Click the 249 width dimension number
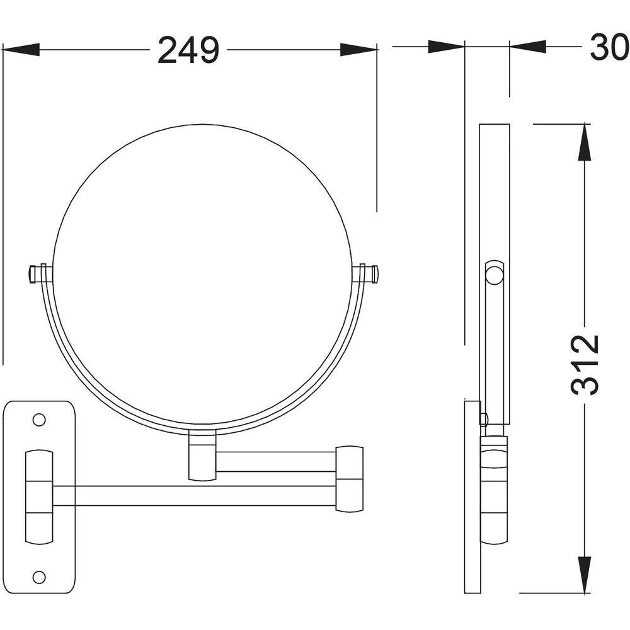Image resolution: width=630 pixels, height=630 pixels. point(188,50)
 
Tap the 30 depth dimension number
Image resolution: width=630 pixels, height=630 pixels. point(609,47)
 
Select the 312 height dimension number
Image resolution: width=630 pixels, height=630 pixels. point(585,365)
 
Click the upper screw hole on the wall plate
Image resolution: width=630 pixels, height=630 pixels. point(39,420)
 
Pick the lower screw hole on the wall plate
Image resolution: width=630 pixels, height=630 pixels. point(39,577)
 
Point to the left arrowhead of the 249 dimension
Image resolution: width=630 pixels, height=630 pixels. point(21,50)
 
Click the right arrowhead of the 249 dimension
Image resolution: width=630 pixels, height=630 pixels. point(358,50)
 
